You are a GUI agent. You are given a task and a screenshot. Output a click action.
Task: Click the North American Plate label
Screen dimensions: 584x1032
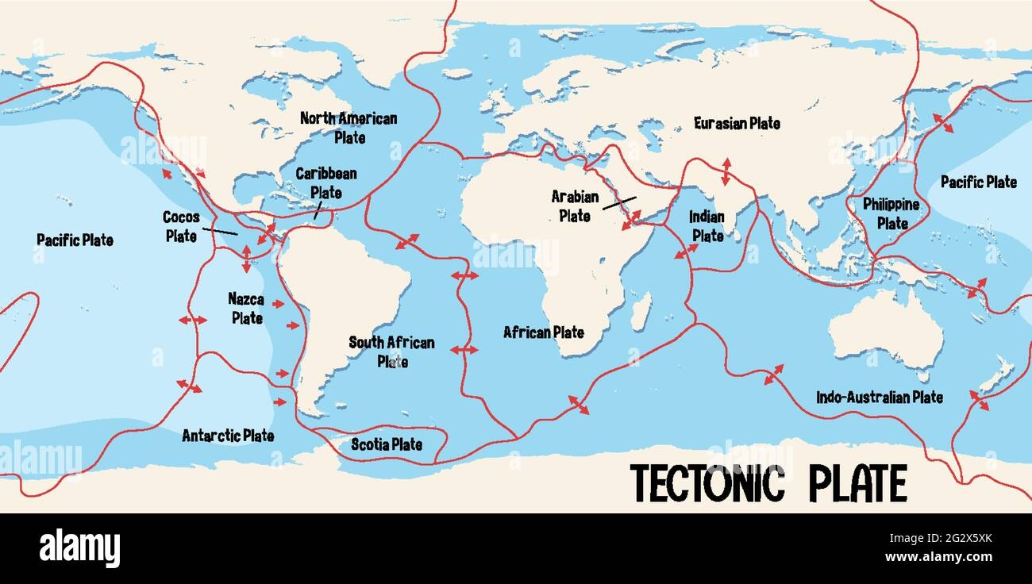pos(348,127)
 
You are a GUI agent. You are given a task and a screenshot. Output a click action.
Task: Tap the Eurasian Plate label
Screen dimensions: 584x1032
pos(737,123)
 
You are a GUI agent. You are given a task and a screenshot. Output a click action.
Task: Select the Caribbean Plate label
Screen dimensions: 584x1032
pos(325,182)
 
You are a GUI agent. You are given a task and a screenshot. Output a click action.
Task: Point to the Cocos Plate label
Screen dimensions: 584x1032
pos(180,225)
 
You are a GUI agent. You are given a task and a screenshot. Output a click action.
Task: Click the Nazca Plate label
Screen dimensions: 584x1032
pos(246,308)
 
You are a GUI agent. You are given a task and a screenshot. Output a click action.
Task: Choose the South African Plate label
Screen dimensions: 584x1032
pos(391,352)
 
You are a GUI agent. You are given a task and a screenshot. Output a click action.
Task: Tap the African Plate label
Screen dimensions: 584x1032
pos(544,332)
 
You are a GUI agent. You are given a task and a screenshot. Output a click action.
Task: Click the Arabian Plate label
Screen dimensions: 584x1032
pos(574,205)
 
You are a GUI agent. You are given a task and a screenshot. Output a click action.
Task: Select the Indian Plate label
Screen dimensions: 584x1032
pos(707,225)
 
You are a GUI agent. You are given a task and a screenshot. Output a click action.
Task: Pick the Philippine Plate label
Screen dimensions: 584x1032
pos(891,213)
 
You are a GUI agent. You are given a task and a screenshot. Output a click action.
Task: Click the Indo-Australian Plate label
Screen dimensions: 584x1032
pos(880,397)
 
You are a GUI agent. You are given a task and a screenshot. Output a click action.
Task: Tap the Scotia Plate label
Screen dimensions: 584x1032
pos(387,444)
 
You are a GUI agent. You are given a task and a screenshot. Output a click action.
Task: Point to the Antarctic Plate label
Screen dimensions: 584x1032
pos(228,436)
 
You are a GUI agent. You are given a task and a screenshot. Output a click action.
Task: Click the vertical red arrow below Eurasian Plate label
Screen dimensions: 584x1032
pos(726,171)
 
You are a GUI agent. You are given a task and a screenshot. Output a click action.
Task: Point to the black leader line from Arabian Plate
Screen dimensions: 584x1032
pos(619,203)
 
